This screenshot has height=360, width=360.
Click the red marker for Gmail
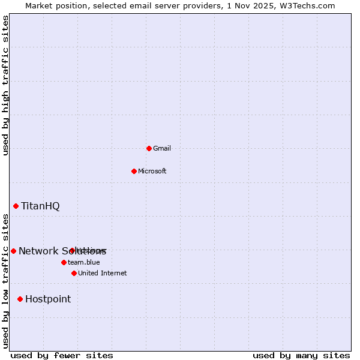coord(149,148)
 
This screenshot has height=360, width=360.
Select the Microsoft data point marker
coord(134,171)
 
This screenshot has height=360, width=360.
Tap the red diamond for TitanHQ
coord(16,206)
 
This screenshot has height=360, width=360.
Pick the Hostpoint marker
coord(20,299)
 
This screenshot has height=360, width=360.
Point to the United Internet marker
coord(74,273)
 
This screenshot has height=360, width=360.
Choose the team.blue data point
coord(64,262)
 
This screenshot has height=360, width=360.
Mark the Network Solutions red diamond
coord(13,251)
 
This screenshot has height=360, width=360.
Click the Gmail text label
coord(162,149)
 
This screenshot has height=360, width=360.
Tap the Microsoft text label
coord(152,172)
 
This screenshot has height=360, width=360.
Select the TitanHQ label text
coord(40,206)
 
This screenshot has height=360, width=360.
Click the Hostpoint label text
coord(48,299)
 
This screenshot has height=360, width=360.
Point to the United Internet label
coord(102,274)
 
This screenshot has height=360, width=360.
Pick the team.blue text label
coord(84,263)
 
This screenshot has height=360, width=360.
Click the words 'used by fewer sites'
coord(62,356)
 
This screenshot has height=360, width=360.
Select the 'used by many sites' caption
coord(301,356)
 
